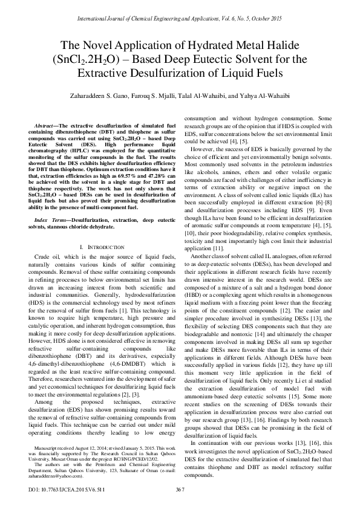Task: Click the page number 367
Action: (x=180, y=489)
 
